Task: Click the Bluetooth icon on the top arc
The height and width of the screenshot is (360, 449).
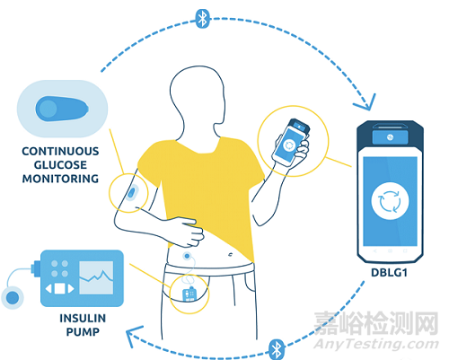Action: [203, 19]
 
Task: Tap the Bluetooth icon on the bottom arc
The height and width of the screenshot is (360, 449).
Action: [277, 349]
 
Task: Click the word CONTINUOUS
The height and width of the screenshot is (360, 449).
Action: [60, 152]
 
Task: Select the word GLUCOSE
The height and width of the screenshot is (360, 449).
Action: [60, 165]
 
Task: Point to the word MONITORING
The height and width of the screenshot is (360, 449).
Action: [60, 179]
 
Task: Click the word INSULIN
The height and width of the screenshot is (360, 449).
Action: [83, 319]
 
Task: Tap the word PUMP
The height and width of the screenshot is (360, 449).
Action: [83, 332]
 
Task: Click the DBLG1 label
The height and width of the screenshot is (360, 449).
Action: [389, 273]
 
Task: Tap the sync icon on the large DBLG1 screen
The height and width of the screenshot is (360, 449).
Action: [390, 201]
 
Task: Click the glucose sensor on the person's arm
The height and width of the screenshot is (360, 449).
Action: [132, 192]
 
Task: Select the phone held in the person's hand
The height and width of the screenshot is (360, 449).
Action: [290, 142]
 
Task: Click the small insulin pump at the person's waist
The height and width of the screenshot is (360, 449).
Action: [189, 294]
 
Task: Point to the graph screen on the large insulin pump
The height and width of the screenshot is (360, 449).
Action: [96, 277]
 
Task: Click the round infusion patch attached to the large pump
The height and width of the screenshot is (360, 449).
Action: [13, 298]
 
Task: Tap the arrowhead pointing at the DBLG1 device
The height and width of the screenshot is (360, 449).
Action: [366, 103]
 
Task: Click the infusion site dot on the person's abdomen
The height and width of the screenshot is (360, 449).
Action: [188, 256]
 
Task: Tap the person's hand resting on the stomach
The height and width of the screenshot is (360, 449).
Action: [188, 232]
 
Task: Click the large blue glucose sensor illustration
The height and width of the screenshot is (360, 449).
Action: [62, 109]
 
